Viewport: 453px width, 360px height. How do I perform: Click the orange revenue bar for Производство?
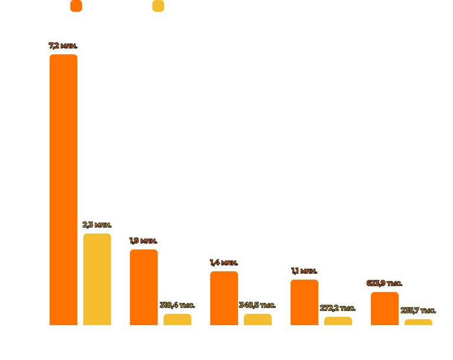(63, 189)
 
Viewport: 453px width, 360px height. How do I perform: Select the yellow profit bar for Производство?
(97, 279)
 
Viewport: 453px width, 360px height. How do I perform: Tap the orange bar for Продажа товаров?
(144, 287)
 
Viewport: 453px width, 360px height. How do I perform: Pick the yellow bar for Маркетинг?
(258, 319)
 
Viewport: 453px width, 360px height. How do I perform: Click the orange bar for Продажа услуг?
(384, 308)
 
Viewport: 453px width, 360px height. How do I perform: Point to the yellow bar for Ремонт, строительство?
(338, 320)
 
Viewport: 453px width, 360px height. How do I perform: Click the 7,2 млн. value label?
(63, 46)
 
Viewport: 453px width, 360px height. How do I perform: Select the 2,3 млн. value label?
(97, 225)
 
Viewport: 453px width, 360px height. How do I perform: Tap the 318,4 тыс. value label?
(177, 305)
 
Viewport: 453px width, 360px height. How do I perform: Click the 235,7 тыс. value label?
(418, 310)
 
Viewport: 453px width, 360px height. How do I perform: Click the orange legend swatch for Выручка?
(76, 6)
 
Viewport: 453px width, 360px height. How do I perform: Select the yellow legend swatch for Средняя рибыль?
(158, 6)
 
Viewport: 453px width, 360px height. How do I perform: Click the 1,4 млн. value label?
(224, 262)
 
